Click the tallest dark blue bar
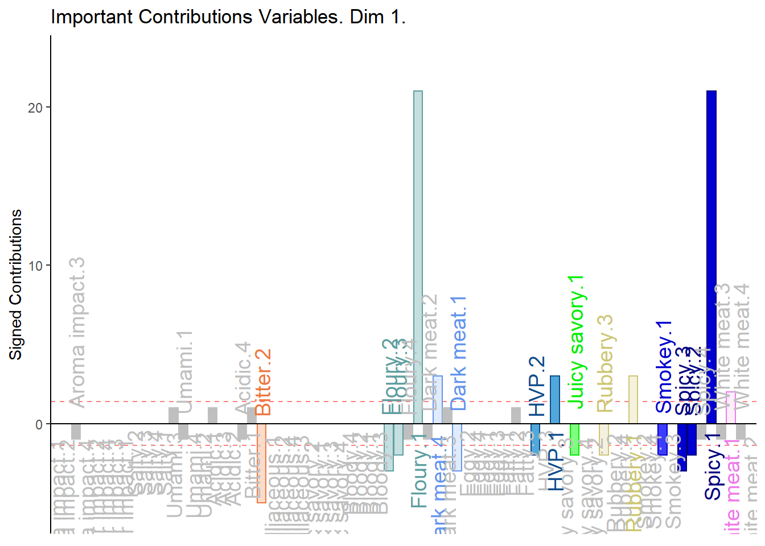[711, 256]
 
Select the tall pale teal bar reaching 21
[418, 256]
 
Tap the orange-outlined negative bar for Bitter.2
[261, 463]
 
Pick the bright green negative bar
[574, 439]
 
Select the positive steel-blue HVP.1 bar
[554, 399]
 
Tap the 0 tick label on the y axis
[39, 424]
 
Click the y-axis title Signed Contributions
[16, 284]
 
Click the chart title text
[228, 17]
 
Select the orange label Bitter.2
[263, 382]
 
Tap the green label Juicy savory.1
[577, 341]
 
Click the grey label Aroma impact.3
[77, 332]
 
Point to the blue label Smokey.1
[664, 366]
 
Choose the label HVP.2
[537, 387]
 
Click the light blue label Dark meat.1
[458, 353]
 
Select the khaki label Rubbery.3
[605, 363]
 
